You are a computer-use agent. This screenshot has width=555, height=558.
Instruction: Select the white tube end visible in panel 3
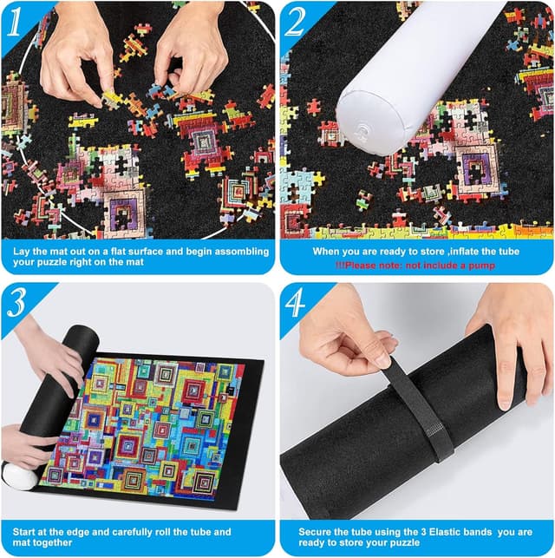(x=19, y=476)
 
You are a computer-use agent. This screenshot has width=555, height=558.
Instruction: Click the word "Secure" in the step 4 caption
(x=318, y=531)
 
